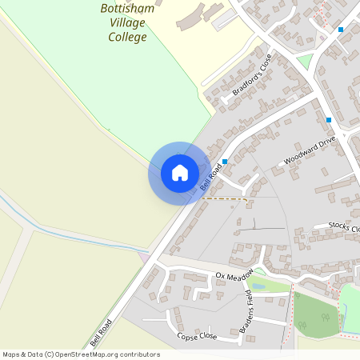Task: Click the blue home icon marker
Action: coord(180,173)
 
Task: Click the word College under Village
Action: coord(127,37)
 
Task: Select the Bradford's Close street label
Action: coord(253,74)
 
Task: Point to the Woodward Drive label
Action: coord(307,150)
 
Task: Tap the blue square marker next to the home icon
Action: coord(225,162)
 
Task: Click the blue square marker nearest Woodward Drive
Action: coord(328,120)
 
